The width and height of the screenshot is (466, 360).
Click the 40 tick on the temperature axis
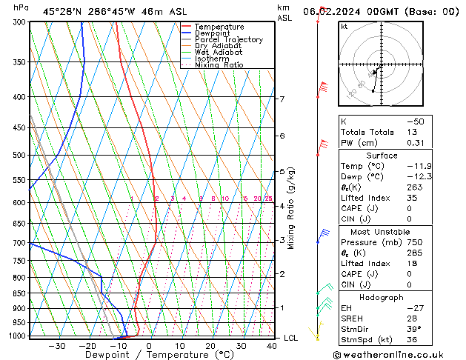[x=272, y=345]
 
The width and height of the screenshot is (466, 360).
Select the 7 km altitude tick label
[x=282, y=99]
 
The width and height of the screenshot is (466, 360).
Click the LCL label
[x=291, y=338]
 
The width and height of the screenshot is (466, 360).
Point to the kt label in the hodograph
[x=344, y=27]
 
